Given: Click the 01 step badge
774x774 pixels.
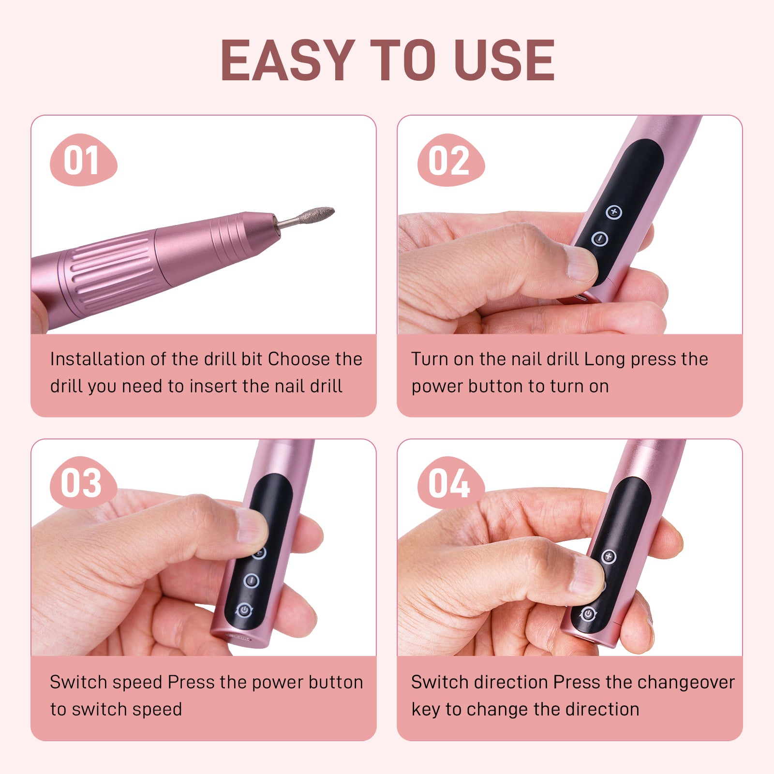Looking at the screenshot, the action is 83,160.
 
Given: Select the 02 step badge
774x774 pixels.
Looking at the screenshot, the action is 450,160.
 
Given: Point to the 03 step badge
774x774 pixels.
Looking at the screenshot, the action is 83,483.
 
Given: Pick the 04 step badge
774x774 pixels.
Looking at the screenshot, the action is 450,483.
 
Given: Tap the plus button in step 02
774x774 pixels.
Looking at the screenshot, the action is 614,212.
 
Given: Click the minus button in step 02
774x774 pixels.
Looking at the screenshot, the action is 600,238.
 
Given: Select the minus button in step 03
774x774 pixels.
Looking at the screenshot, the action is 251,580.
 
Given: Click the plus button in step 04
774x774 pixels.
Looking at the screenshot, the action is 609,557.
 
